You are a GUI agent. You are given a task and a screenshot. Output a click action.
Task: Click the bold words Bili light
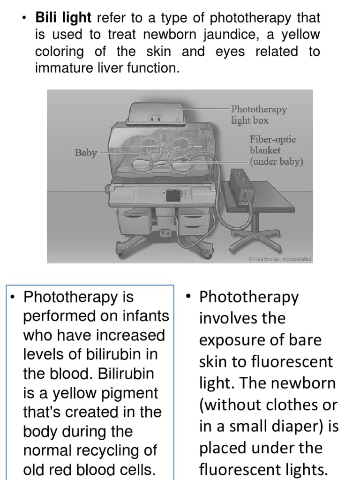pos(63,18)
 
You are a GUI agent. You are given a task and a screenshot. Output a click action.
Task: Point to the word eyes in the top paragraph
pos(230,52)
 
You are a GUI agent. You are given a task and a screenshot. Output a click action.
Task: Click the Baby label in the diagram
pos(86,153)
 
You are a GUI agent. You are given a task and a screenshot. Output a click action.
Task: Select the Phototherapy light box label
pos(258,115)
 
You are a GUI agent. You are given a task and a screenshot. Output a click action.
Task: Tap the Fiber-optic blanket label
pos(276,150)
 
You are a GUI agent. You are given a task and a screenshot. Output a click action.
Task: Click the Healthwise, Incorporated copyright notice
pos(280,259)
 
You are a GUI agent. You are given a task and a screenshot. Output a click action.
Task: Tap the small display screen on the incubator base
pos(172,195)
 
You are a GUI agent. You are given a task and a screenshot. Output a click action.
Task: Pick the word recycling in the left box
pos(111,450)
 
